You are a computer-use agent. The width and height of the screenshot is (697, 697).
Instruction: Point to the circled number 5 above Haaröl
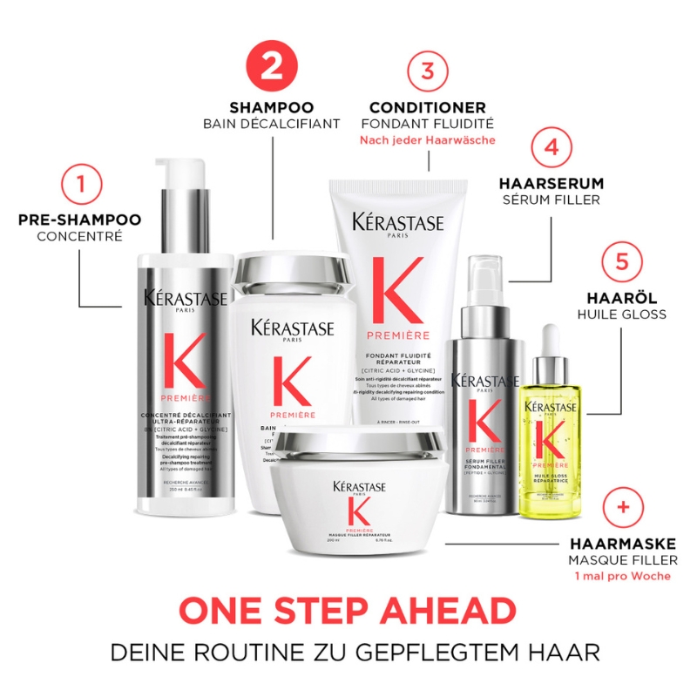(623, 261)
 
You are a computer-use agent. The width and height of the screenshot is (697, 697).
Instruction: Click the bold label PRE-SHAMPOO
(79, 220)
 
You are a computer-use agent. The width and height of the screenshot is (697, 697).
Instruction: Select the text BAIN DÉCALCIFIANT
(272, 124)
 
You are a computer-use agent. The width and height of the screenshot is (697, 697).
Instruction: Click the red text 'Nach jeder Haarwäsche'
(427, 140)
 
